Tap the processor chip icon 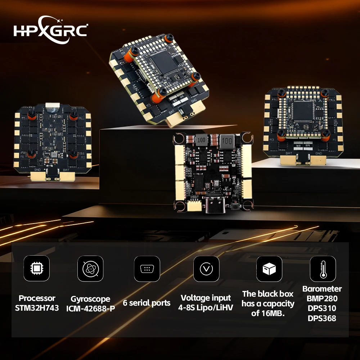(x=36, y=268)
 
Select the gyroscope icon (x=90, y=268)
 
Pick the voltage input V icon (x=206, y=269)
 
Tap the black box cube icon (x=269, y=269)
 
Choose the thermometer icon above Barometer (x=323, y=269)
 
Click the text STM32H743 (x=37, y=308)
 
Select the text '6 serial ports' (x=147, y=303)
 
